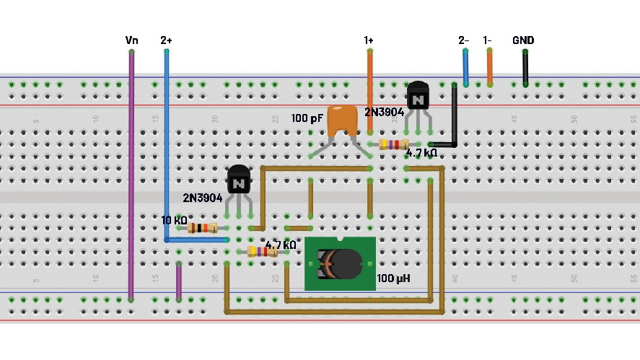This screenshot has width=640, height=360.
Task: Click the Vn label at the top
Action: pyautogui.click(x=131, y=41)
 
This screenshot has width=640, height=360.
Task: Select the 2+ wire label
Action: pyautogui.click(x=167, y=41)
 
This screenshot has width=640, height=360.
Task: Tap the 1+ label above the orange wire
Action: pyautogui.click(x=369, y=41)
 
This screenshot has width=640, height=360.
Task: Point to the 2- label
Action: pyautogui.click(x=465, y=41)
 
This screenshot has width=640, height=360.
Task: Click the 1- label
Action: pyautogui.click(x=488, y=41)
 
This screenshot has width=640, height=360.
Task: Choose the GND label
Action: pyautogui.click(x=524, y=41)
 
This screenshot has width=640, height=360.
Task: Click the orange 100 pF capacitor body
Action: pyautogui.click(x=343, y=120)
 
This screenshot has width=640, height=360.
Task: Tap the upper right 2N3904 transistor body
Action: pyautogui.click(x=418, y=96)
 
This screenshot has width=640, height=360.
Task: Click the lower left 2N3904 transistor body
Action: pyautogui.click(x=239, y=180)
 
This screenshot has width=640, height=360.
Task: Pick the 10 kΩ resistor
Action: pyautogui.click(x=203, y=228)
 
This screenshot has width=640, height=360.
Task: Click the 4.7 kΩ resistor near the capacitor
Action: pyautogui.click(x=394, y=144)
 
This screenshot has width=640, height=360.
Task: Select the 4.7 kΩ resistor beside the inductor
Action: pyautogui.click(x=263, y=252)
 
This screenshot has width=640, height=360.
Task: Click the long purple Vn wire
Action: pyautogui.click(x=131, y=173)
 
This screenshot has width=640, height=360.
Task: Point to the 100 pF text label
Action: pyautogui.click(x=307, y=118)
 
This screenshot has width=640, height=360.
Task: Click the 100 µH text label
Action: pyautogui.click(x=393, y=277)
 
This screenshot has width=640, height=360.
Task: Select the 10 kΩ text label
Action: pyautogui.click(x=174, y=220)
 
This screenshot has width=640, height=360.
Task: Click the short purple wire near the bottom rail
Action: pyautogui.click(x=179, y=281)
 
